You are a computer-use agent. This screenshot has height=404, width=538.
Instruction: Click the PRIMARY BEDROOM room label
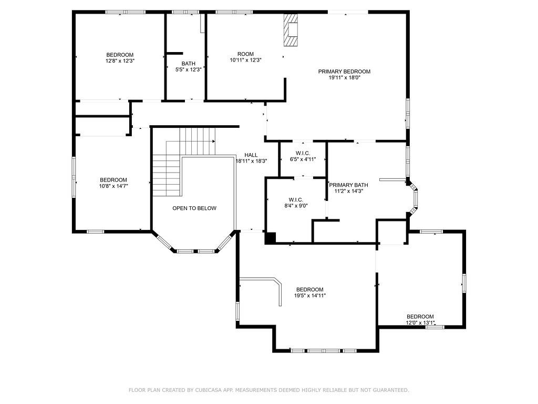344,72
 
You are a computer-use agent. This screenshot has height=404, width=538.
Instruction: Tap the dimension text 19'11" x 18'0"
344,78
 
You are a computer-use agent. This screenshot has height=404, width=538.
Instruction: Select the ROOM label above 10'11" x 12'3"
246,54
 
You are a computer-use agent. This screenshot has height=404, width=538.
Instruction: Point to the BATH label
189,64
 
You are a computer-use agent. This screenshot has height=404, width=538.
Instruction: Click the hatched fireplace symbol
290,30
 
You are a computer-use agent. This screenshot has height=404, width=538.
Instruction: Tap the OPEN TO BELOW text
194,208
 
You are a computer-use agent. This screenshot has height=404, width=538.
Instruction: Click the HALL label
251,155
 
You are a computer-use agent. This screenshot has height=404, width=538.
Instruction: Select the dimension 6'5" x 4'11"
303,159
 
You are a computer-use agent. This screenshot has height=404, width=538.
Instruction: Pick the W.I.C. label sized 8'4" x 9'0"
296,199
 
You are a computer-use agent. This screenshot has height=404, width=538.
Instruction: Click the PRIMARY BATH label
349,185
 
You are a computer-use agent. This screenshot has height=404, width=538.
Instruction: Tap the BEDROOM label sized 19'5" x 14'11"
310,290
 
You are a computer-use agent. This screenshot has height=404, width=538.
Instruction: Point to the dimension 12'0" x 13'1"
420,322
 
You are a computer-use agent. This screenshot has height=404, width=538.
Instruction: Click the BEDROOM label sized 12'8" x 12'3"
120,55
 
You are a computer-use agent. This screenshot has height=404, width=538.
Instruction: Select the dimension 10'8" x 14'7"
113,186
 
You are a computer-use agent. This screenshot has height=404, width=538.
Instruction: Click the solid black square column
271,238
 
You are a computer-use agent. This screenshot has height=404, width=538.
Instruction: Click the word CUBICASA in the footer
208,390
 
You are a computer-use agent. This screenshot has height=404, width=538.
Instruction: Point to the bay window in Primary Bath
413,198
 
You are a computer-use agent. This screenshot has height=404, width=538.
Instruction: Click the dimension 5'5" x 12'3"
189,69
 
